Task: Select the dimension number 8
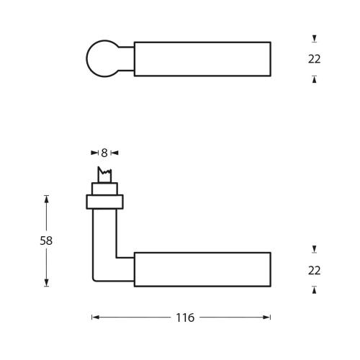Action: (104, 153)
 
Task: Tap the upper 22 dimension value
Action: (314, 59)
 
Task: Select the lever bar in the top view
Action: (202, 58)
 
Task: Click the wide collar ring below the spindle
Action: (104, 202)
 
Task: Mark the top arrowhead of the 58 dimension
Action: (46, 198)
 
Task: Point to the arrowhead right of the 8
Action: (114, 153)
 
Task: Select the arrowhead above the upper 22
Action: (314, 37)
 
